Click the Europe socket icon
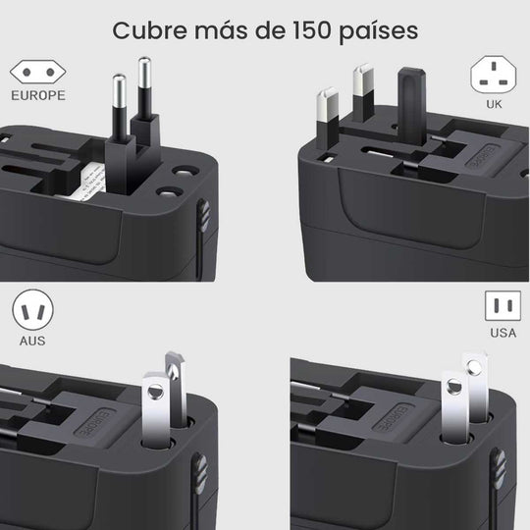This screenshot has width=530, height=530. [x=37, y=73]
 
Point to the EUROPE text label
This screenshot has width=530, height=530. [x=38, y=96]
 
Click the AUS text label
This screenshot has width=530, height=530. [x=31, y=342]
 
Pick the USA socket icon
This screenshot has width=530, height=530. [x=503, y=307]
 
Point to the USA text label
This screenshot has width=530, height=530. [x=503, y=333]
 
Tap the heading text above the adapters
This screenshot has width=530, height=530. [x=265, y=30]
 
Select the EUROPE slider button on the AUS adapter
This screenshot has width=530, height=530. [x=89, y=422]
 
